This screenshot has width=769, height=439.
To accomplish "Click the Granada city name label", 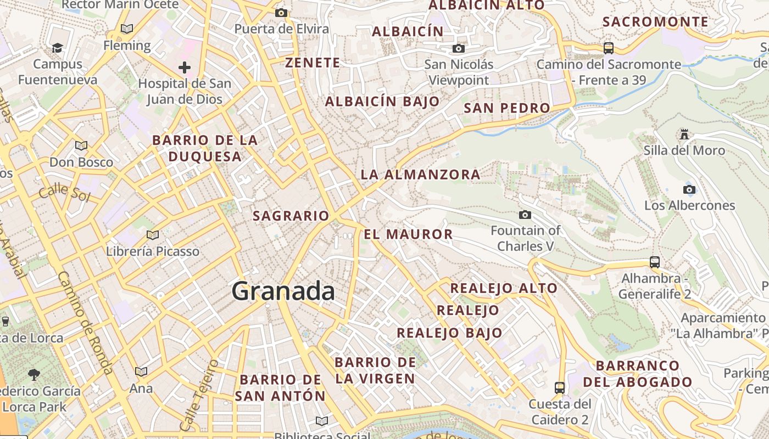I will click(x=283, y=291).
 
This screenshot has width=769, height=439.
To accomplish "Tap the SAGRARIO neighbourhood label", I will click(x=291, y=216).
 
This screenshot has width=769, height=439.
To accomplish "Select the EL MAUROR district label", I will click(x=408, y=234).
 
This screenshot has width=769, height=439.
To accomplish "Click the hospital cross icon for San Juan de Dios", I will click(x=185, y=67).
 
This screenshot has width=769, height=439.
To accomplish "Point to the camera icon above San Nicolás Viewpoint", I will click(x=458, y=49).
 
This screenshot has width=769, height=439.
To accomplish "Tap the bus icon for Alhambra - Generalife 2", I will click(x=654, y=262).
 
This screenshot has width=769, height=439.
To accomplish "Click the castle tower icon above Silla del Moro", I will click(x=684, y=134).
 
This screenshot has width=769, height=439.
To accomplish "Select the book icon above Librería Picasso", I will click(x=153, y=235).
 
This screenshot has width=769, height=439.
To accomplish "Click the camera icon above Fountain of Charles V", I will click(x=525, y=215).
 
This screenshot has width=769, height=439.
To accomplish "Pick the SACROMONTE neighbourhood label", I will click(x=655, y=22).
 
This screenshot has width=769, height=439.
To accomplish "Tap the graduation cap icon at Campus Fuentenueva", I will click(x=57, y=48).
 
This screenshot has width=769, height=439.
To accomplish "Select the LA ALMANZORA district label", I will click(x=420, y=175).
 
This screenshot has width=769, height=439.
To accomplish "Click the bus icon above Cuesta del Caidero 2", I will click(x=559, y=388).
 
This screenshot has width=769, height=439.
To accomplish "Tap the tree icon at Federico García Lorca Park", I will click(x=34, y=375).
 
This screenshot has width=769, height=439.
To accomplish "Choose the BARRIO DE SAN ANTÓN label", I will click(x=280, y=387).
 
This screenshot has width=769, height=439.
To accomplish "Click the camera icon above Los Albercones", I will click(x=689, y=190).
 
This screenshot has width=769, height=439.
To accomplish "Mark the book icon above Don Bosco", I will click(x=81, y=146).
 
